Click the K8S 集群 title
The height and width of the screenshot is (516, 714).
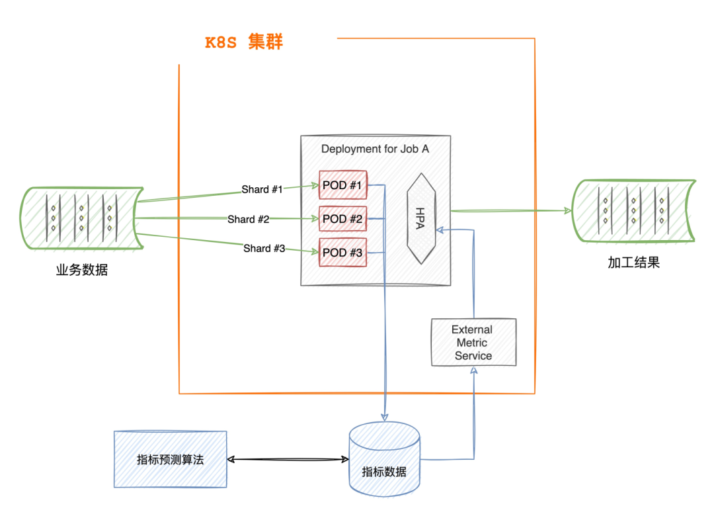pyautogui.click(x=244, y=43)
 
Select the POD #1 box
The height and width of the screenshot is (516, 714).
pyautogui.click(x=342, y=185)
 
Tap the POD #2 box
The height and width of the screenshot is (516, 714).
pyautogui.click(x=342, y=219)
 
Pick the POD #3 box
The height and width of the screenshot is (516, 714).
pyautogui.click(x=342, y=252)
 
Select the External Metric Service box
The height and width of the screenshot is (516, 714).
pyautogui.click(x=473, y=342)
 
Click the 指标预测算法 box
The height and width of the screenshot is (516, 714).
pyautogui.click(x=170, y=459)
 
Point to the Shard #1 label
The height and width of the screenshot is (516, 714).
pyautogui.click(x=262, y=190)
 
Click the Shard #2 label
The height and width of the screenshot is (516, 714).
pyautogui.click(x=248, y=219)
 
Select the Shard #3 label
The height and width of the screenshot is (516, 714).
pyautogui.click(x=264, y=249)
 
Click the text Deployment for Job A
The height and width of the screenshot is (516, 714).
pyautogui.click(x=375, y=149)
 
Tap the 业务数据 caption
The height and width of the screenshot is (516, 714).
pyautogui.click(x=81, y=269)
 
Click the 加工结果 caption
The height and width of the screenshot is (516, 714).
pyautogui.click(x=633, y=263)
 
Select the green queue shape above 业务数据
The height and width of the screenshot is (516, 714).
pyautogui.click(x=81, y=218)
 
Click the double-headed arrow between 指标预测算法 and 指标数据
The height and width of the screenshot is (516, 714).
pyautogui.click(x=288, y=459)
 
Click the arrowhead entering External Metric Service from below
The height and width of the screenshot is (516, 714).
pyautogui.click(x=473, y=371)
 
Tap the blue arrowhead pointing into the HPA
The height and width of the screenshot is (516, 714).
pyautogui.click(x=442, y=230)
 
